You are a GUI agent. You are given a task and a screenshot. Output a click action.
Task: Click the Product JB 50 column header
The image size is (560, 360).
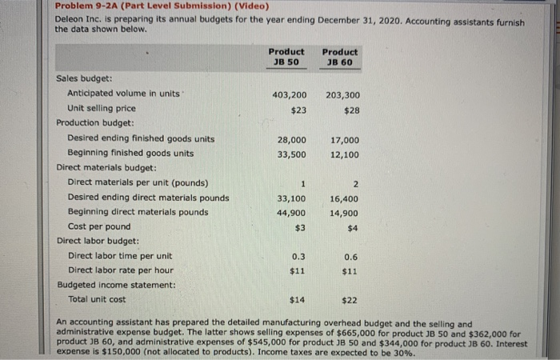(x=286, y=58)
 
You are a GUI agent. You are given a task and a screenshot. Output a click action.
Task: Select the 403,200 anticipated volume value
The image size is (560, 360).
(x=289, y=94)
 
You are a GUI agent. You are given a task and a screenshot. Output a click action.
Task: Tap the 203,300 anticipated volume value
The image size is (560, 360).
(x=343, y=94)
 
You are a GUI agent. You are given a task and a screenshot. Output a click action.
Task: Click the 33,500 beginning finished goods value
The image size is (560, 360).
(x=291, y=153)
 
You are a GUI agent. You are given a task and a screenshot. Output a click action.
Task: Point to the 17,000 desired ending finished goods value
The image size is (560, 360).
(x=345, y=139)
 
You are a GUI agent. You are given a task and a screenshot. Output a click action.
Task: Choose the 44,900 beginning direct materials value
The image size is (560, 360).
(x=291, y=213)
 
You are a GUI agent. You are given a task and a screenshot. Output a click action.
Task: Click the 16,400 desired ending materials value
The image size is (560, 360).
(x=345, y=198)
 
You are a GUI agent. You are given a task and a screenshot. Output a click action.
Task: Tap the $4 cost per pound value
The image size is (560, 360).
(x=353, y=227)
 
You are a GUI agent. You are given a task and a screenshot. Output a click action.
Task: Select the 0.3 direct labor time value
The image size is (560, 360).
(x=298, y=257)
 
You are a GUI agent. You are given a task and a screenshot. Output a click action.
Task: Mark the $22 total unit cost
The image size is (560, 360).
(x=350, y=300)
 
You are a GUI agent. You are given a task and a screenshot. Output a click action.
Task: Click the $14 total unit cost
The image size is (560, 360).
(x=298, y=300)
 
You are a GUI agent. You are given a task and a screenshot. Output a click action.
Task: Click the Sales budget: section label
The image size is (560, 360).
(x=84, y=79)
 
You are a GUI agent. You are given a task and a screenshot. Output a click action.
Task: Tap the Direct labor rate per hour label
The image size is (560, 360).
(x=120, y=270)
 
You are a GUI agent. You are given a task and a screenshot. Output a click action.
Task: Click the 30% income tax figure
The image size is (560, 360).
(x=404, y=352)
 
